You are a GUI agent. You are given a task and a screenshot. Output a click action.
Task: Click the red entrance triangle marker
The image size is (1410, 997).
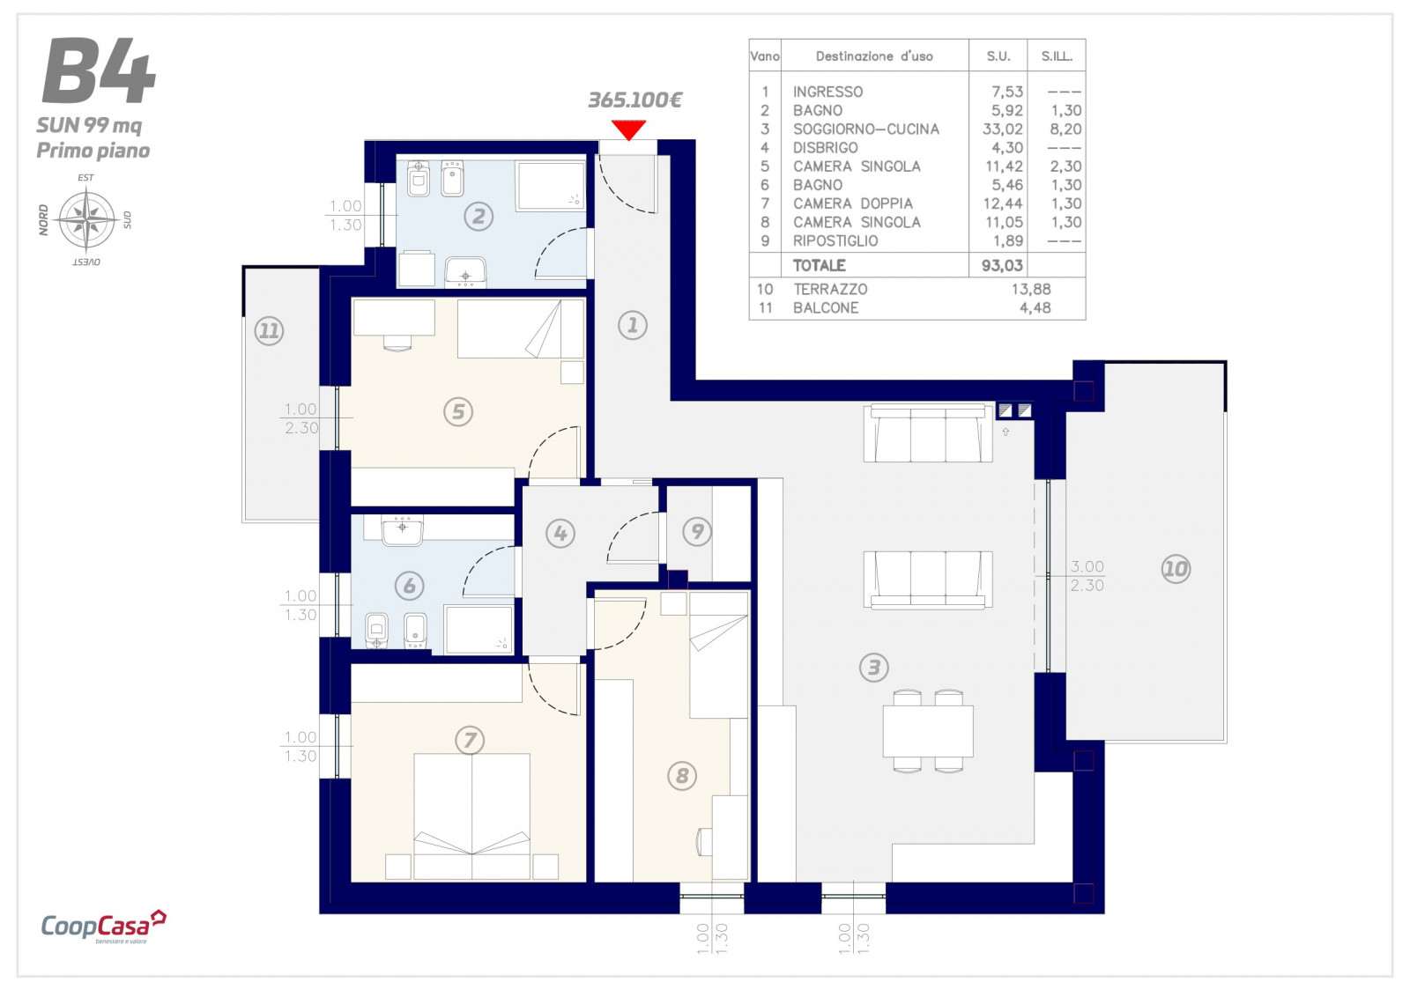point(628,129)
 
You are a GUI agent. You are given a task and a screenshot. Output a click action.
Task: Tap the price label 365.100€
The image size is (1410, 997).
point(634,100)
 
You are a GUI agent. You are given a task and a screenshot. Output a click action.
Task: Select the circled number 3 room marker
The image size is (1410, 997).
point(873,667)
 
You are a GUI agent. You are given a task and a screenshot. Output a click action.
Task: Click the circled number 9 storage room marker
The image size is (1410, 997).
point(697,531)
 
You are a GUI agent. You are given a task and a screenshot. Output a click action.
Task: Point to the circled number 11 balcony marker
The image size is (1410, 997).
point(269,330)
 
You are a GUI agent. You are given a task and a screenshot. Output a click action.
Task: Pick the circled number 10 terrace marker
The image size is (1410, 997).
point(1176,569)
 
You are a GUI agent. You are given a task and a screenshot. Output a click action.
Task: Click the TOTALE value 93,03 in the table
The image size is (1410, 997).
point(1002,265)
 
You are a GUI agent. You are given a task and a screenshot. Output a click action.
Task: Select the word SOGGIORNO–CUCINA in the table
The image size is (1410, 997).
point(865,129)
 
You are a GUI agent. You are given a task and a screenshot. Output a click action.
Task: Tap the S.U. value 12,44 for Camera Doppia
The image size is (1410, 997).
point(1003,203)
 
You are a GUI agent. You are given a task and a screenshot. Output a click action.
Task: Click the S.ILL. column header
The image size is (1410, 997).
point(1057,56)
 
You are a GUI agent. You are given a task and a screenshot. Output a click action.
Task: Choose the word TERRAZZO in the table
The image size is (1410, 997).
point(829,289)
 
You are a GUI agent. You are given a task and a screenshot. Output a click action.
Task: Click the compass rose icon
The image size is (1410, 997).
point(86,219)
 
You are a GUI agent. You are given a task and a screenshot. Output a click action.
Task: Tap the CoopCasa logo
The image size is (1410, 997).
point(103,926)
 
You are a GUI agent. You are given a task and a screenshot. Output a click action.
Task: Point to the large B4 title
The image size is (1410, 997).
point(99,70)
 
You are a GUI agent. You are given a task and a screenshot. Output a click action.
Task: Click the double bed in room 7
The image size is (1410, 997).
point(471,816)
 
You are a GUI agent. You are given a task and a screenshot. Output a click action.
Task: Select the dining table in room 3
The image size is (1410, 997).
point(928,731)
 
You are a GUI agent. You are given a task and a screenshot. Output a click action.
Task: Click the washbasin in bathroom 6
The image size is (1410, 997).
point(402,530)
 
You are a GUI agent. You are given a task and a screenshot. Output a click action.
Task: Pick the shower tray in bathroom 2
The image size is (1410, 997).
point(551,186)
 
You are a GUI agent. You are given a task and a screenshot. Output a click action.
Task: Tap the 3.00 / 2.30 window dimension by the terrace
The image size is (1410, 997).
point(1087,575)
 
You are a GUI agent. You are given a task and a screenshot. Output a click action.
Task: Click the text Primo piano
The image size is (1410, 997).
point(93,151)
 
